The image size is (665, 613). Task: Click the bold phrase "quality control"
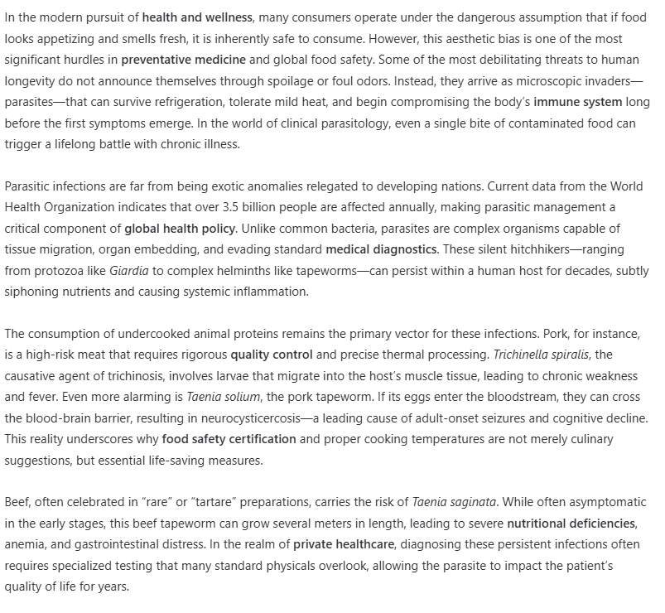(272, 355)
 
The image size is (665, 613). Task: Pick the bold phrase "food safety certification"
(229, 440)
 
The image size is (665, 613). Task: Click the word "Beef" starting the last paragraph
(17, 503)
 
